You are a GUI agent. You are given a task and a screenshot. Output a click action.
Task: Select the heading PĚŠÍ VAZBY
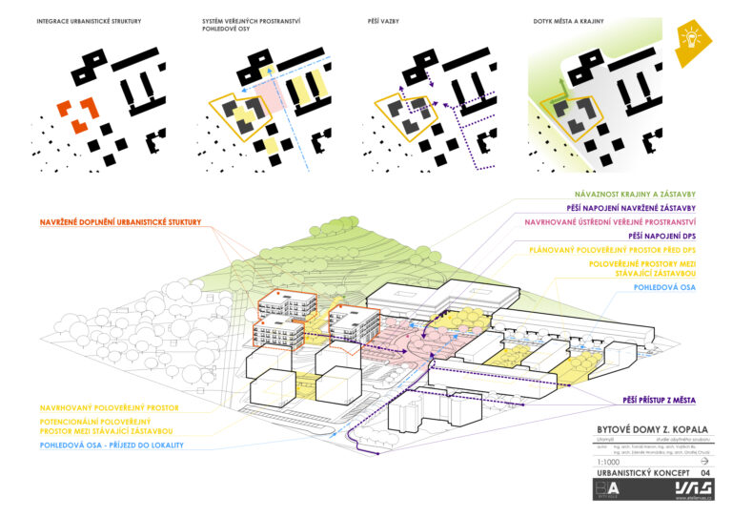(x=390, y=20)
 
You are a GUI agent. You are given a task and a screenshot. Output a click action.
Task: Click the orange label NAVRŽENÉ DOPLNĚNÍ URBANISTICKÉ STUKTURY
(x=120, y=222)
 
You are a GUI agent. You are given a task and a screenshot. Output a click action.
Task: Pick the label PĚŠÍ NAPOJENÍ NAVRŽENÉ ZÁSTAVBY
(x=631, y=208)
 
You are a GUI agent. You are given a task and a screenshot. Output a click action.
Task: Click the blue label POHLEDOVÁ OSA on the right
(x=665, y=285)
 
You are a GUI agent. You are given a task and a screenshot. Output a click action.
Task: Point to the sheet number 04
(x=704, y=472)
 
